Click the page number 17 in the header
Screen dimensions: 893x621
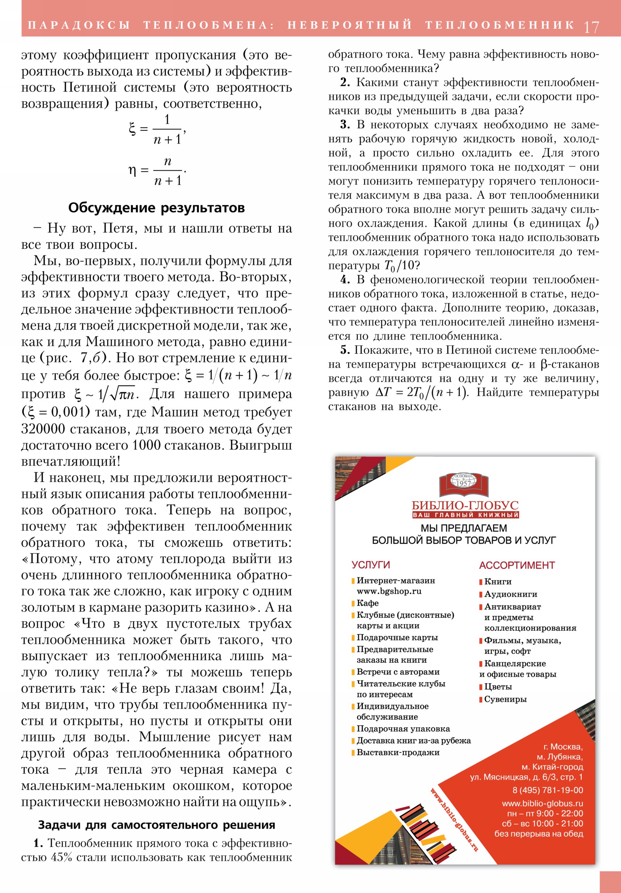pos(591,26)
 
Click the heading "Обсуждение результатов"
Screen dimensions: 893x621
pos(156,208)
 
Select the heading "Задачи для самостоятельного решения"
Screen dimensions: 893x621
pos(156,825)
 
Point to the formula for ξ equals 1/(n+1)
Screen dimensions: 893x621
pos(158,130)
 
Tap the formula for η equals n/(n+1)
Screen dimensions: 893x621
pos(158,171)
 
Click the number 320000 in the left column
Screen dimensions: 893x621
pos(43,429)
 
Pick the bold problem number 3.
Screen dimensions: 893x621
pos(345,125)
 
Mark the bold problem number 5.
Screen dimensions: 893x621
pos(345,350)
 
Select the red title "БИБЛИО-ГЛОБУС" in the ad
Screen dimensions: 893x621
pos(465,505)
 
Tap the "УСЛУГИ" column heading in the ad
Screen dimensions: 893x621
pos(371,565)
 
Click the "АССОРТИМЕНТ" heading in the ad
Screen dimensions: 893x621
pos(517,565)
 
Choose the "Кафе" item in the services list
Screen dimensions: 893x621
pos(368,603)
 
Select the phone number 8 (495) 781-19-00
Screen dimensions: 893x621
pos(548,790)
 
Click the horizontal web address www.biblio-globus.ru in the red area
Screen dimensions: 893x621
pos(542,803)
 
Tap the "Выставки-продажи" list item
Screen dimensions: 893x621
pos(398,752)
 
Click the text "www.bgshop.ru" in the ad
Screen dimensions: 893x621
pos(389,591)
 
